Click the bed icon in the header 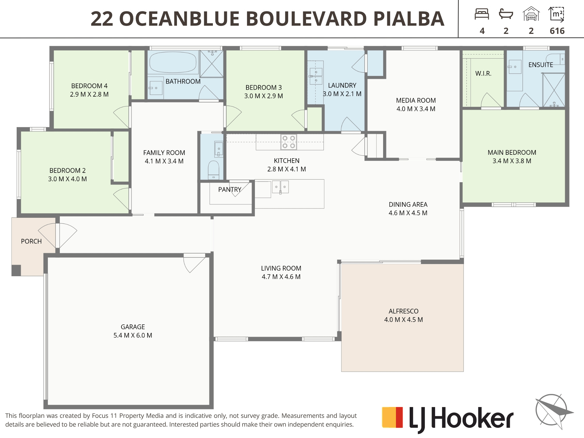pyautogui.click(x=482, y=14)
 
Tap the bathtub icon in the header pyautogui.click(x=506, y=14)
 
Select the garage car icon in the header pyautogui.click(x=531, y=14)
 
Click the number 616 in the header pyautogui.click(x=557, y=31)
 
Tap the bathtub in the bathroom pyautogui.click(x=173, y=62)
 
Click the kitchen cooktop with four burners pyautogui.click(x=288, y=142)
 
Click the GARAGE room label pyautogui.click(x=133, y=327)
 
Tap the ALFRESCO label pyautogui.click(x=404, y=311)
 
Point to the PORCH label pyautogui.click(x=31, y=241)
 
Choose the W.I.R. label pyautogui.click(x=483, y=74)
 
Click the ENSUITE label pyautogui.click(x=541, y=65)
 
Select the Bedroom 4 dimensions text pyautogui.click(x=89, y=94)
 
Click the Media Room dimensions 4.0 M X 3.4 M pyautogui.click(x=416, y=109)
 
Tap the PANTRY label pyautogui.click(x=230, y=190)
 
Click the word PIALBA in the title pyautogui.click(x=409, y=19)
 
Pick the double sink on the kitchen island pyautogui.click(x=280, y=187)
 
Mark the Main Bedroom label pyautogui.click(x=512, y=152)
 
